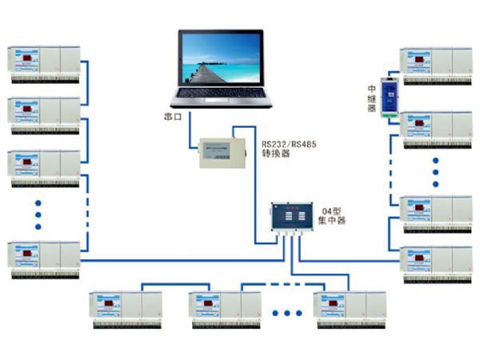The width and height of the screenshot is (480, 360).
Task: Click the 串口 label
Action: point(174,118)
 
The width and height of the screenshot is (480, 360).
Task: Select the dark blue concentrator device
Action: point(292,215)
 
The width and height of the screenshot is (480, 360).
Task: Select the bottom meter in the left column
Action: point(45,258)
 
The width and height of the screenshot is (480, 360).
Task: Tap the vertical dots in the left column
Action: point(39,214)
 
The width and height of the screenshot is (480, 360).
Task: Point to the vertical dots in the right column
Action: point(436,170)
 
